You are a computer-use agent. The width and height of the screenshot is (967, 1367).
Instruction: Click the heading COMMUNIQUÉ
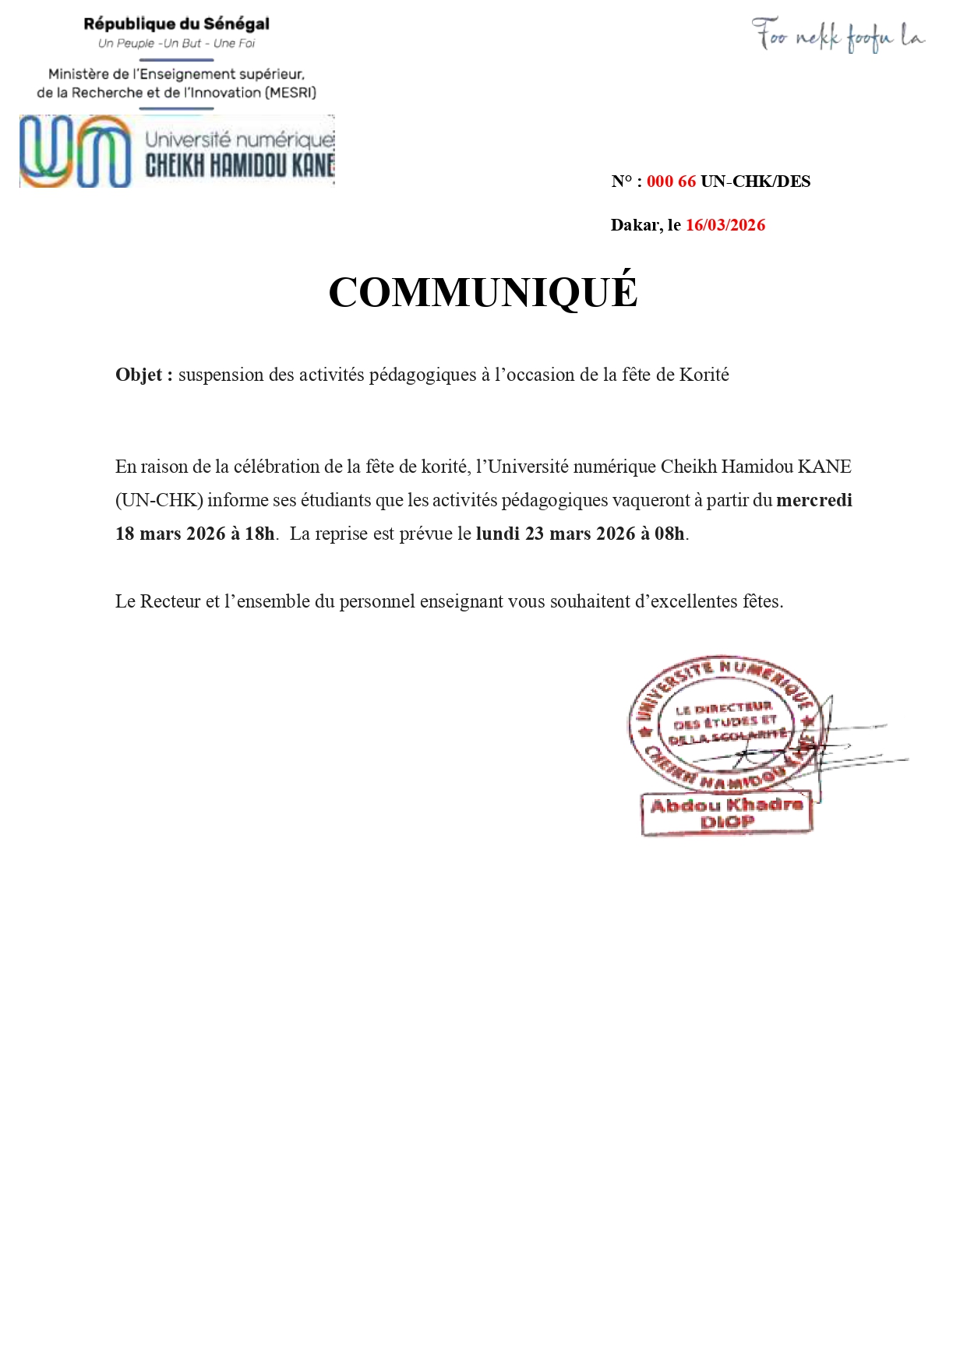click(x=483, y=292)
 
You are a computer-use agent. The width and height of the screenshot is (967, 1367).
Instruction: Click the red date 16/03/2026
click(x=725, y=225)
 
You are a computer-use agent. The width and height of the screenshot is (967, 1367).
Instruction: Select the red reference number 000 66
click(x=671, y=181)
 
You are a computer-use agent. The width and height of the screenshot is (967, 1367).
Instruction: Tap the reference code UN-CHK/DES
click(x=756, y=181)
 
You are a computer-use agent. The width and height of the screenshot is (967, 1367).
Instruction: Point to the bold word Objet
click(x=140, y=375)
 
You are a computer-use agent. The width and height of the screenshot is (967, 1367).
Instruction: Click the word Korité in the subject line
click(x=704, y=375)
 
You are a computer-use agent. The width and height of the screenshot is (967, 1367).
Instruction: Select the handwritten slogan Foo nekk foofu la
click(x=838, y=36)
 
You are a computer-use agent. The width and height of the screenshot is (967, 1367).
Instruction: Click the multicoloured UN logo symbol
click(x=76, y=151)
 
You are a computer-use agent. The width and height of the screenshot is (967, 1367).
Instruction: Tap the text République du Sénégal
click(x=177, y=24)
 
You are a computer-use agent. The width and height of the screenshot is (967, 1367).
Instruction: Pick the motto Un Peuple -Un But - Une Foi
click(x=177, y=44)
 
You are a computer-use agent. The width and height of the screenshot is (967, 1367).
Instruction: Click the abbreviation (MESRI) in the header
click(x=291, y=93)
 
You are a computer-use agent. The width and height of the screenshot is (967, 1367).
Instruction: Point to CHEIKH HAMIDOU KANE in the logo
click(x=240, y=165)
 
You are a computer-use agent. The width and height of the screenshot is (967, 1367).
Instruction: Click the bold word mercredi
click(x=814, y=500)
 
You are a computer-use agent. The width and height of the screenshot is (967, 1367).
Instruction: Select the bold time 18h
click(x=259, y=534)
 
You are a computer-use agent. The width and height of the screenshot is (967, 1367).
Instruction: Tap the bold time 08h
click(x=669, y=534)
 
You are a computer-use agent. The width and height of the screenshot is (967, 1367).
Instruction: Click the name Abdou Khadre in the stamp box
click(x=726, y=805)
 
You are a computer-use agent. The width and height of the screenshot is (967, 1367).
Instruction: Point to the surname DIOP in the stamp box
click(x=726, y=822)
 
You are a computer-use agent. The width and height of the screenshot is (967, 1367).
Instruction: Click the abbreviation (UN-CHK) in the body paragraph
click(x=159, y=500)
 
